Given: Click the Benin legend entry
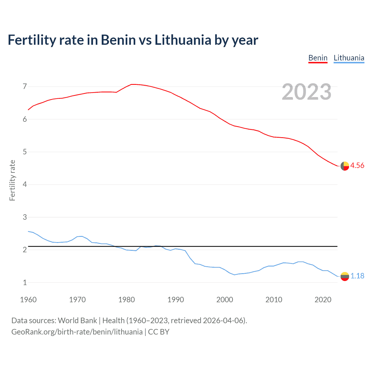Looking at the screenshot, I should coord(318,58).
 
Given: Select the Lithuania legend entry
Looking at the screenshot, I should coord(349,58).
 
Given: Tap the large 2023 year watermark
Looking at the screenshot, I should coord(307,92).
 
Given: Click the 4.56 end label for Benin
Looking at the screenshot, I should coord(357,165).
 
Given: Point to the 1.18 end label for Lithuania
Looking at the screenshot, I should coord(357,276).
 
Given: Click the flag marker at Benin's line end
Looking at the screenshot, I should coord(345,166).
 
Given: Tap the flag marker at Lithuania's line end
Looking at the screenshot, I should coord(345,276).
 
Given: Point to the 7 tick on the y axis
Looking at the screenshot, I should coord(25,86).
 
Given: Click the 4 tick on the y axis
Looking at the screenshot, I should coord(25,184).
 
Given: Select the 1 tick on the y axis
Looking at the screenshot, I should coord(25,282).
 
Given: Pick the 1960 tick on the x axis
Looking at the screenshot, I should coord(28,300).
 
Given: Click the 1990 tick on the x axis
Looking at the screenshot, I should coord(176,300).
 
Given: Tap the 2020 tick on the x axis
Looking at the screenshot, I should coord(323,300).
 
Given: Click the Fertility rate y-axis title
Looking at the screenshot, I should coord(12,180).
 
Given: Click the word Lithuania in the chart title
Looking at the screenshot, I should coord(183,40).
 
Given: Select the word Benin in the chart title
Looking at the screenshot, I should coord(118,40).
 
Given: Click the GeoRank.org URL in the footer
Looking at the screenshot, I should coord(77,332).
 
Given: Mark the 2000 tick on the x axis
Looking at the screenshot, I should coord(225,300).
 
